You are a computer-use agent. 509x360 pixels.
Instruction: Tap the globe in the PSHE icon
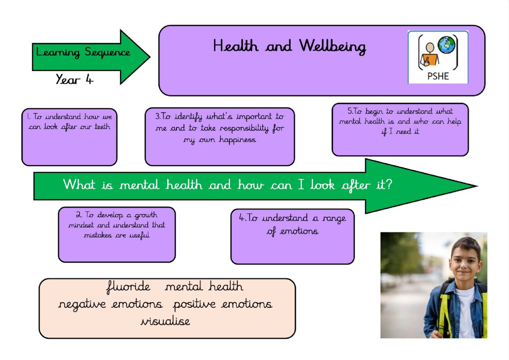pos(446,45)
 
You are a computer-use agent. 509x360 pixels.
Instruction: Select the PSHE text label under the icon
pos(438,76)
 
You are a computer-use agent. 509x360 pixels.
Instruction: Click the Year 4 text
pos(74,79)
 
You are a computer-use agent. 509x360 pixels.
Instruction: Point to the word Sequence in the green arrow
pos(107,53)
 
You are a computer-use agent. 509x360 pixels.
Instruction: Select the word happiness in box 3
pos(238,139)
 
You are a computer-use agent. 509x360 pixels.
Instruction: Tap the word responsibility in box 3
pos(244,128)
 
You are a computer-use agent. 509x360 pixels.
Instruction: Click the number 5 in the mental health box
pos(350,111)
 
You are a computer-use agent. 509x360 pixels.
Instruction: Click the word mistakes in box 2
pos(98,235)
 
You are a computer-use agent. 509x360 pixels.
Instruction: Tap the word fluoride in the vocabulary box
pos(128,287)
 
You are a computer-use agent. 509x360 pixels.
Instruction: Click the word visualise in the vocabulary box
pos(165,321)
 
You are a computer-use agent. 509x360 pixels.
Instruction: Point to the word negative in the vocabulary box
pos(82,305)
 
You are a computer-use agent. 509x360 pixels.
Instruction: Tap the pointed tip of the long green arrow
pos(477,186)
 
